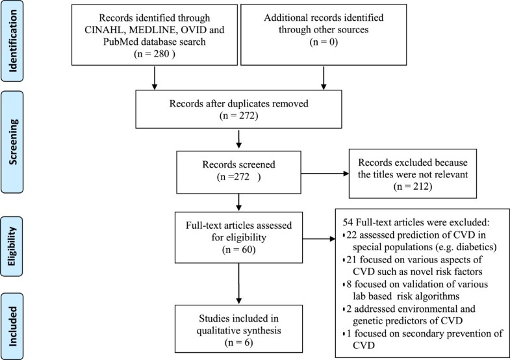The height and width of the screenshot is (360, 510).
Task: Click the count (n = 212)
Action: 407,187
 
